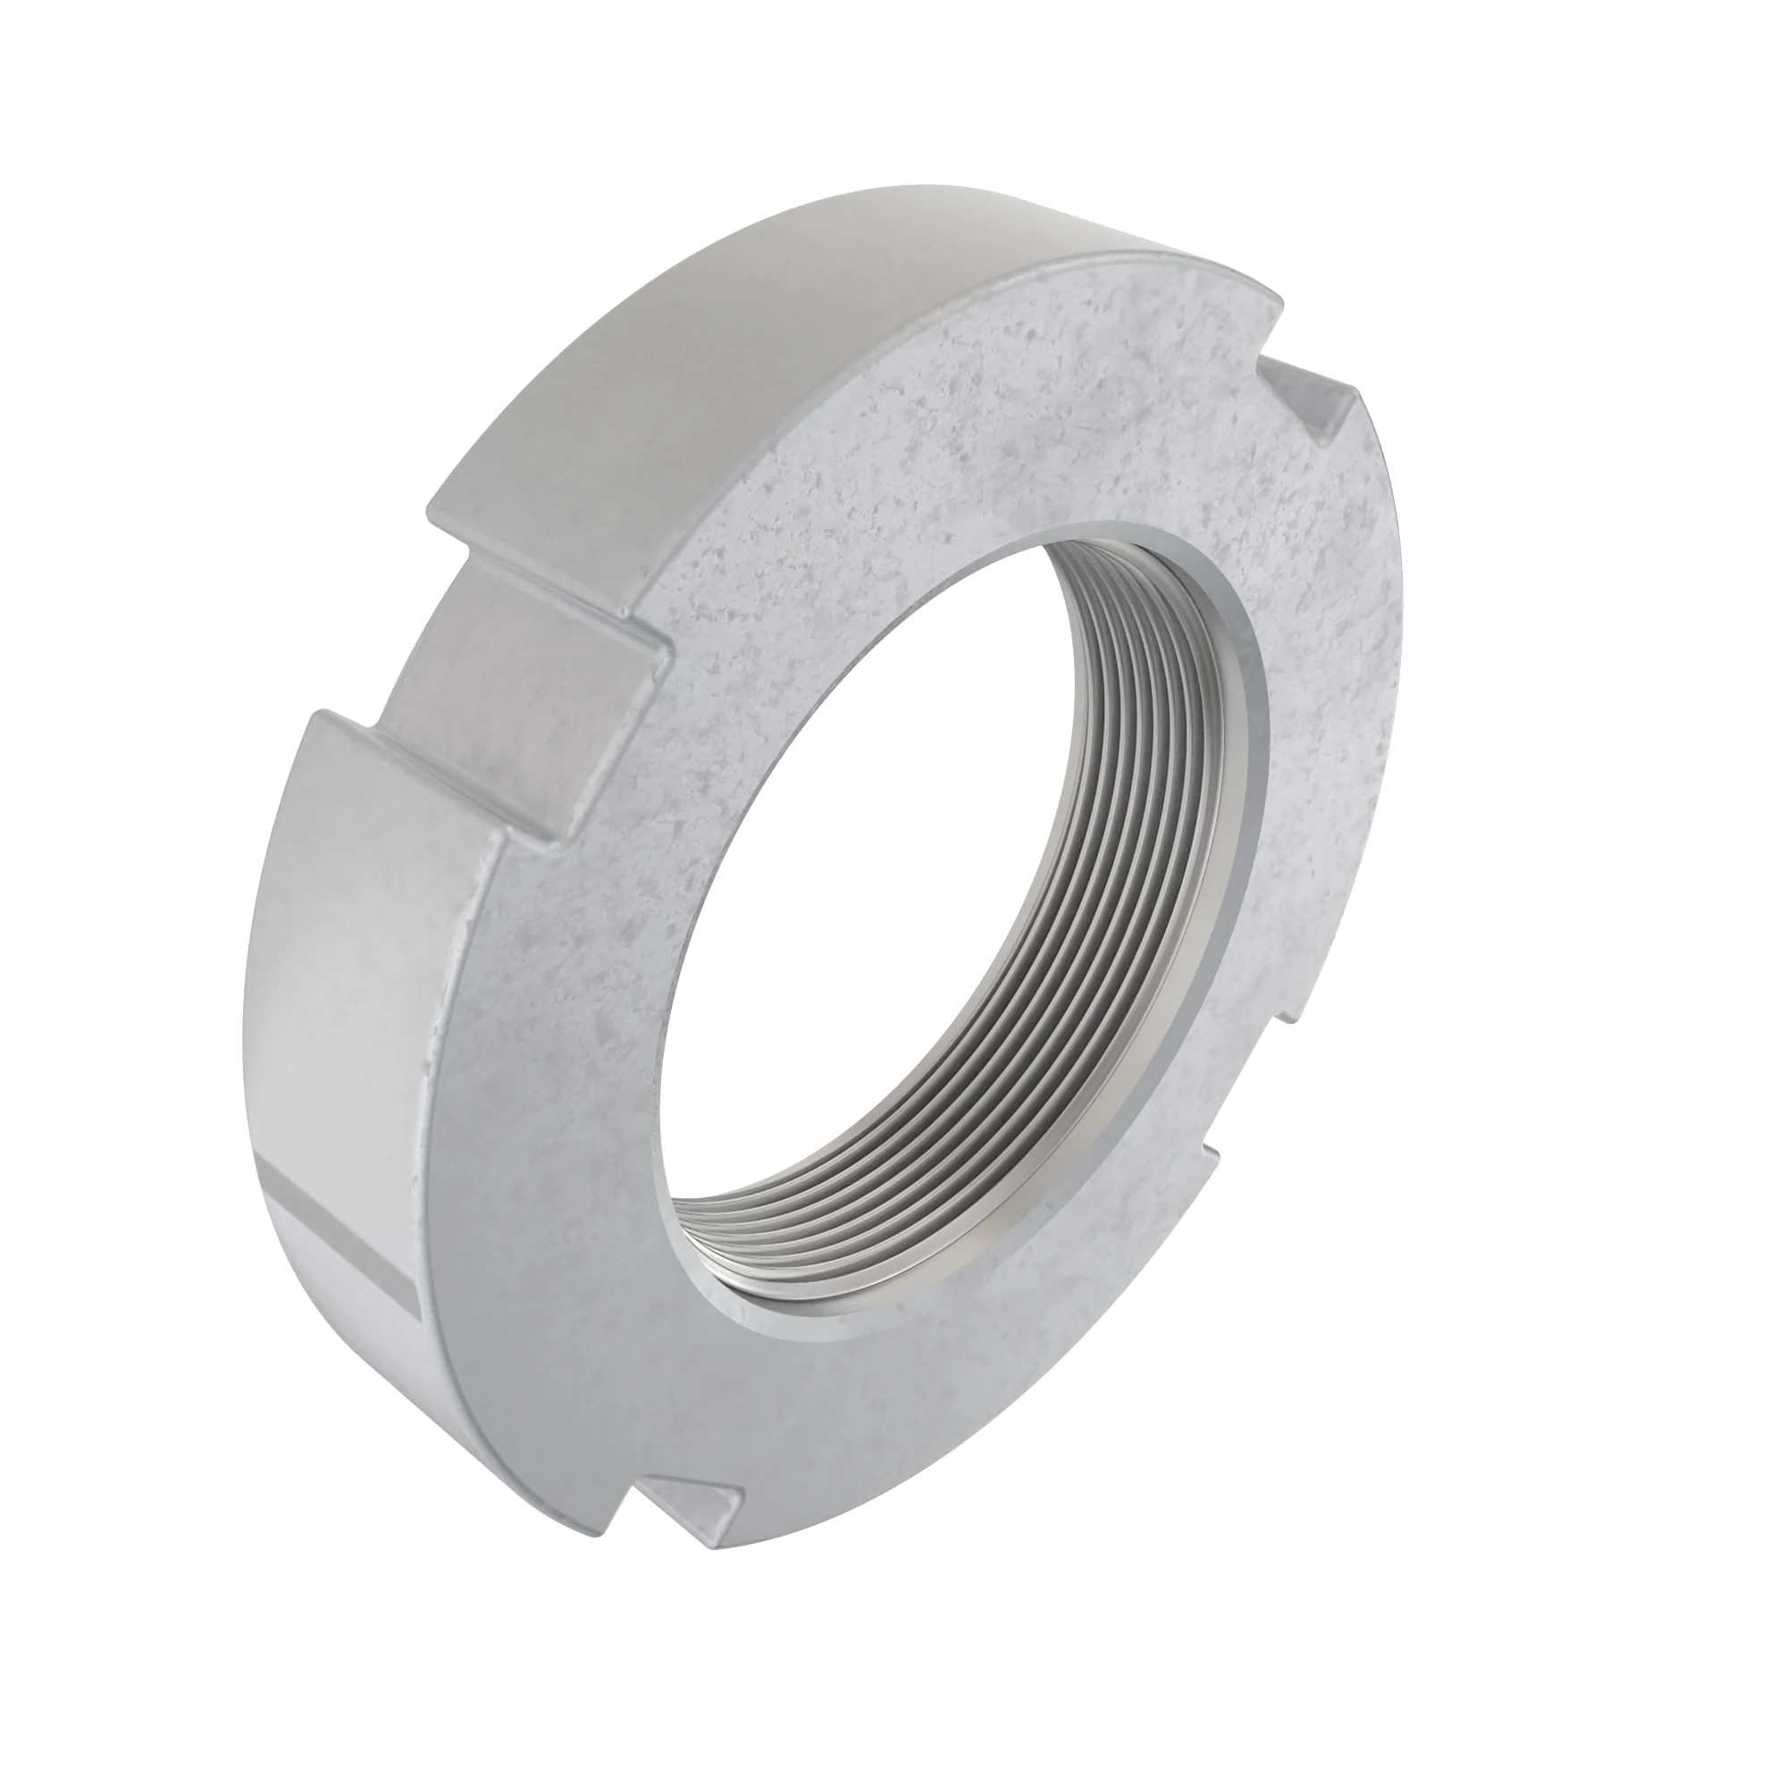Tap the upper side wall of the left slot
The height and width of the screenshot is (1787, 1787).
click(555, 592)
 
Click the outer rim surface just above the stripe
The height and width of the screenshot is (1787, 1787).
click(342, 1092)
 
